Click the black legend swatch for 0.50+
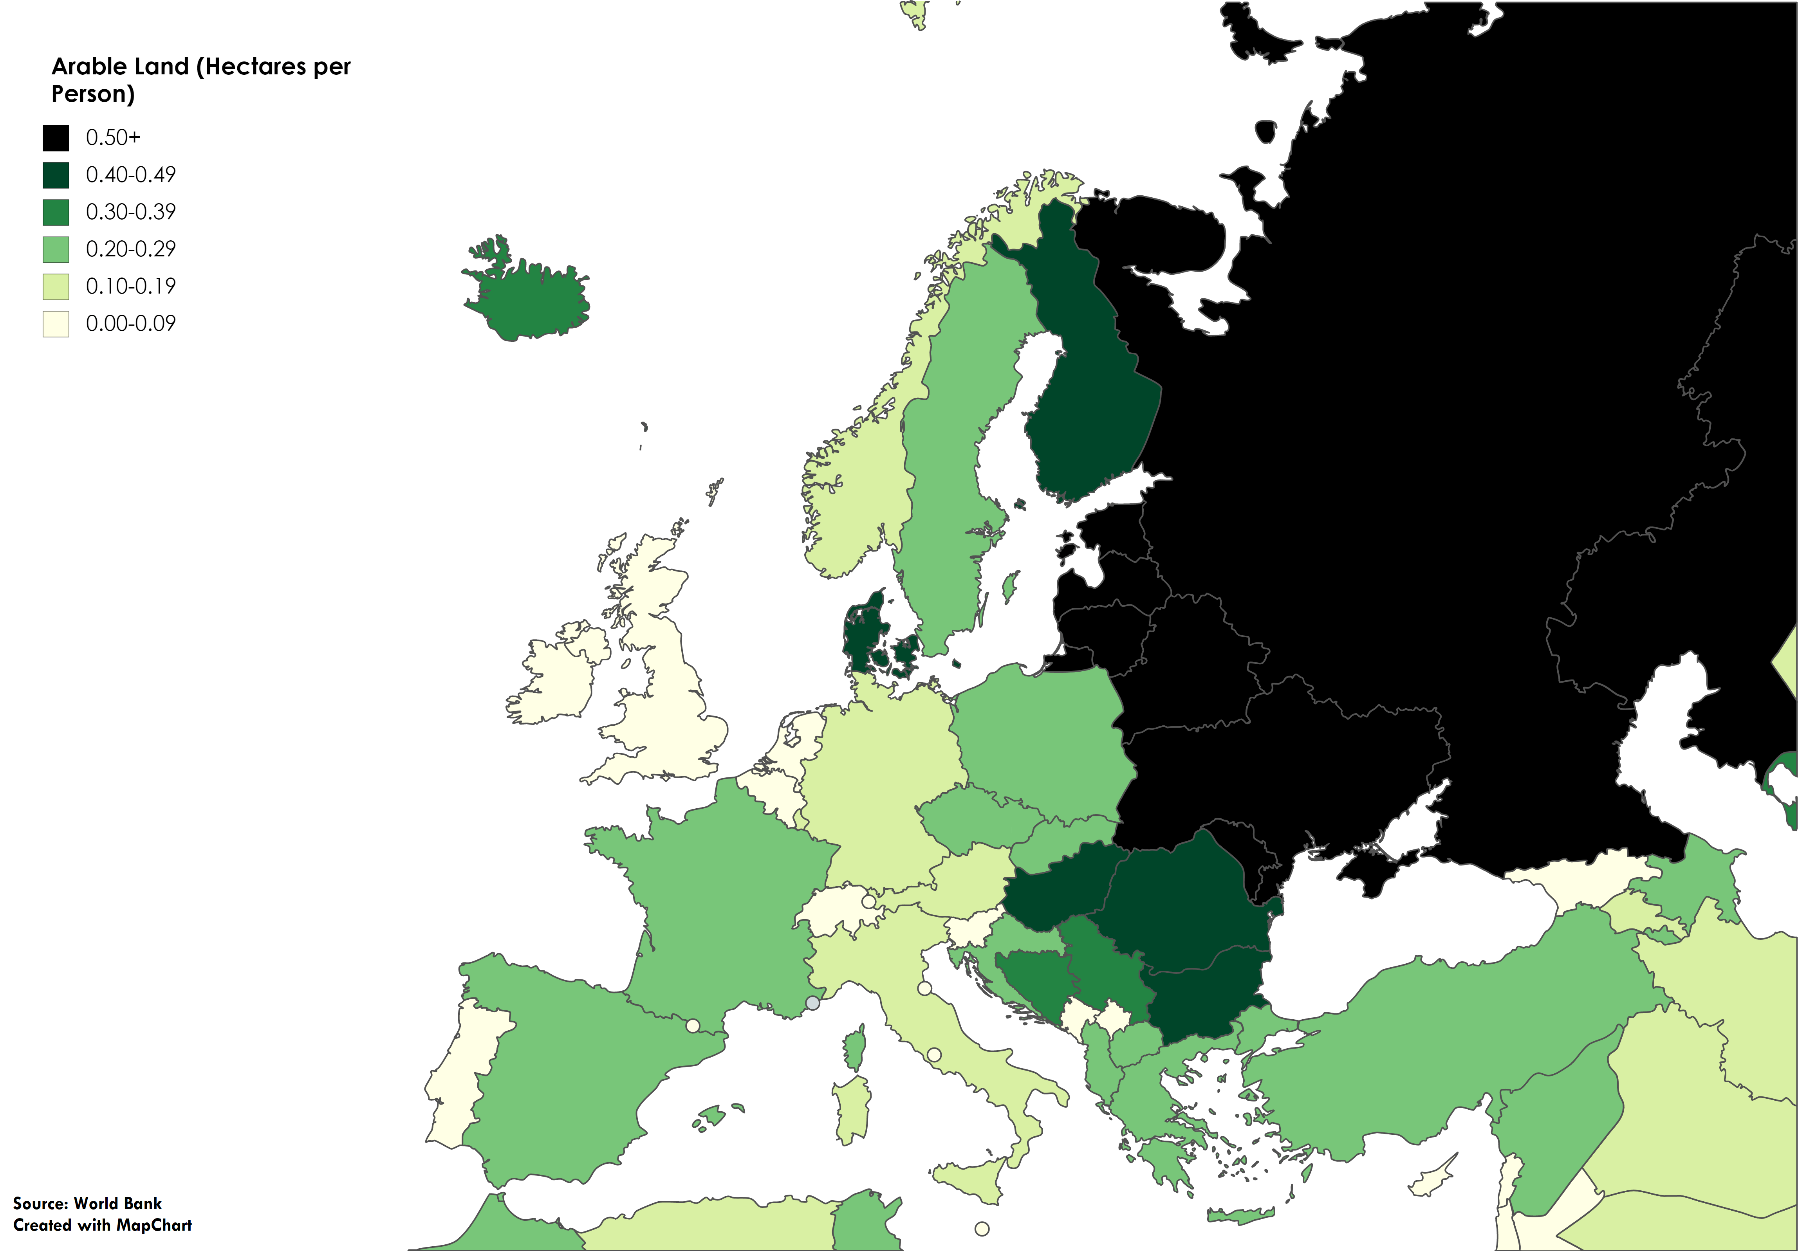56,138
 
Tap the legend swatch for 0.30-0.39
56,212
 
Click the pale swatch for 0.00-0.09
56,323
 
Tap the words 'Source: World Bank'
87,1203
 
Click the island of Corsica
855,1049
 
